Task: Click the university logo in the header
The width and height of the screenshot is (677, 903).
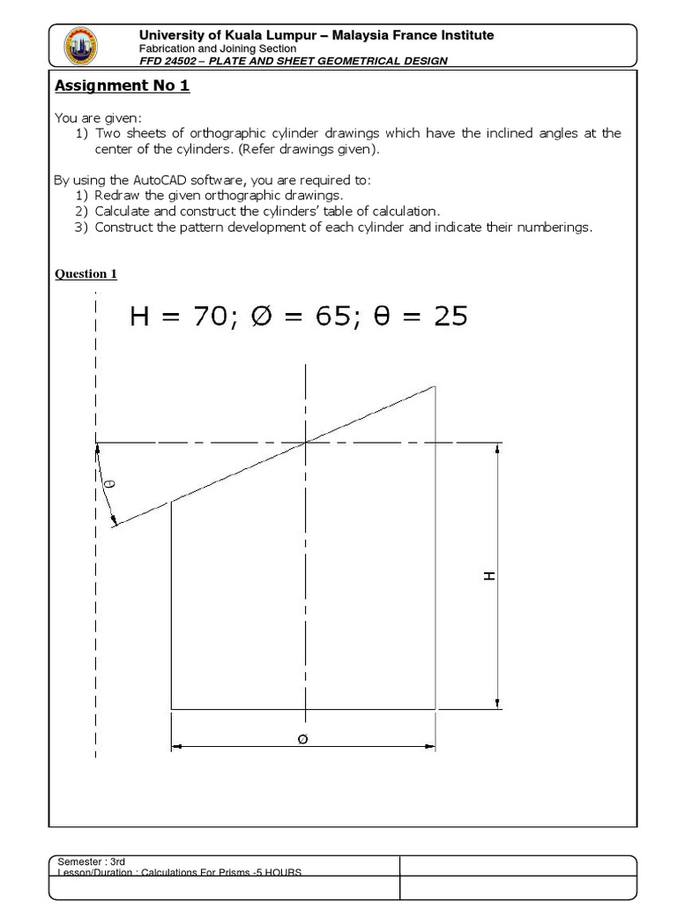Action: point(82,47)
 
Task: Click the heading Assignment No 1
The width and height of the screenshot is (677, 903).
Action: point(123,86)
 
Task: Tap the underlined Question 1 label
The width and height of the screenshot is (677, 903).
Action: point(86,273)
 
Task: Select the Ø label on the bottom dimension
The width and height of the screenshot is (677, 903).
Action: point(303,740)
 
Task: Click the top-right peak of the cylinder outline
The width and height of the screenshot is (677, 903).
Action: point(435,386)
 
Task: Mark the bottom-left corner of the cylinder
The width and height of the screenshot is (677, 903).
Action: point(171,708)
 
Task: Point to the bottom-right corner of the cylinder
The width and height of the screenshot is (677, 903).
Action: point(435,708)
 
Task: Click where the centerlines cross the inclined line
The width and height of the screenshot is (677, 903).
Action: point(305,442)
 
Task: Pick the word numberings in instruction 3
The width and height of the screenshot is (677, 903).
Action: point(558,228)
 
